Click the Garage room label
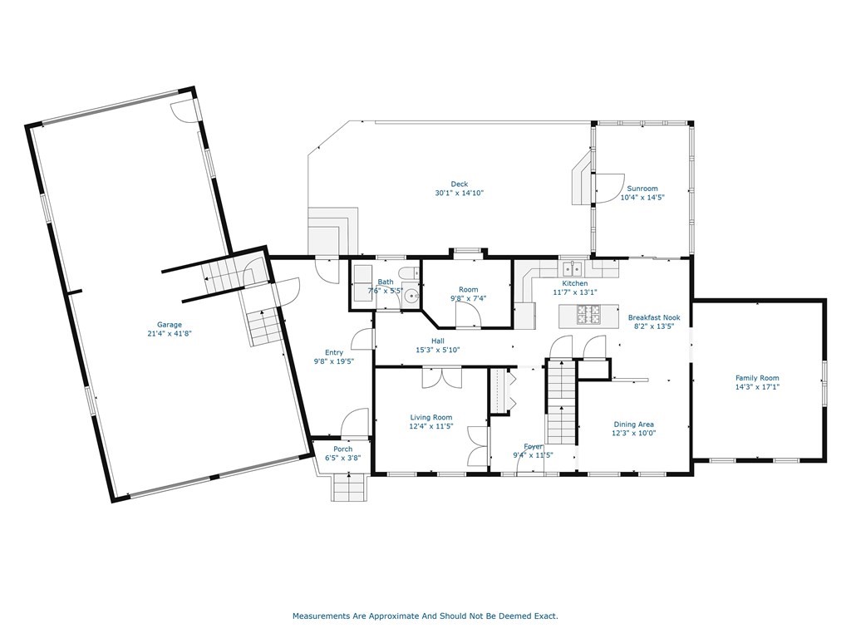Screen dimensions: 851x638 point(170,325)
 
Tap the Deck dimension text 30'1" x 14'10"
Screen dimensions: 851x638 point(459,193)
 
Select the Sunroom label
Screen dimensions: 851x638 point(642,189)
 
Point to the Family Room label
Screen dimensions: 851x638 point(757,378)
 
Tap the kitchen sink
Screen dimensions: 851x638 point(572,268)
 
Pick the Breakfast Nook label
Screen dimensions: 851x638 point(654,318)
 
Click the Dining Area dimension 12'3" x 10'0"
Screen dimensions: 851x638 point(634,433)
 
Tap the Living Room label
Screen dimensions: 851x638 point(431,418)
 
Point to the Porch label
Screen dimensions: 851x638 point(343,449)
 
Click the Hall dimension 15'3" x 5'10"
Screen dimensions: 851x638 point(438,350)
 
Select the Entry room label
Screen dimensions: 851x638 point(334,352)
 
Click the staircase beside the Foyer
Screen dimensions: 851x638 point(561,402)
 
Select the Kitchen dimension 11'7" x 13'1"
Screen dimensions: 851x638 point(575,292)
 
